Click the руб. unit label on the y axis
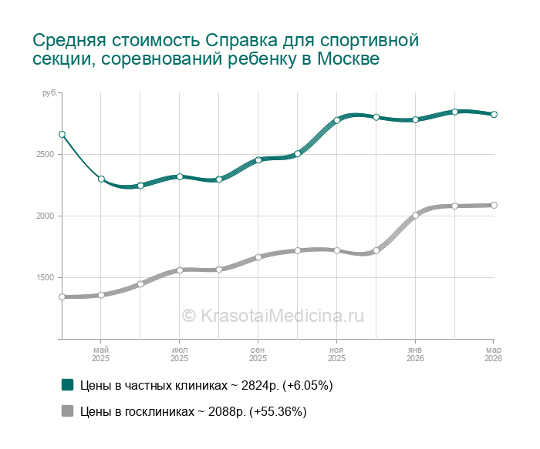pos(49,93)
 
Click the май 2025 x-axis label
pos(101,354)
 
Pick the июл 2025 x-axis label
pos(179,354)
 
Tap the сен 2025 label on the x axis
pos(258,354)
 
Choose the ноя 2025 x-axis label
pos(336,354)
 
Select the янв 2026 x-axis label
pos(415,354)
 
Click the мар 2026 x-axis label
pos(493,354)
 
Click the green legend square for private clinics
pos(67,384)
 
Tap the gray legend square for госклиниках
pos(67,411)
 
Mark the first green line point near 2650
pos(62,135)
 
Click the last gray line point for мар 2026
pos(494,205)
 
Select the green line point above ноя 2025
pos(337,120)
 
